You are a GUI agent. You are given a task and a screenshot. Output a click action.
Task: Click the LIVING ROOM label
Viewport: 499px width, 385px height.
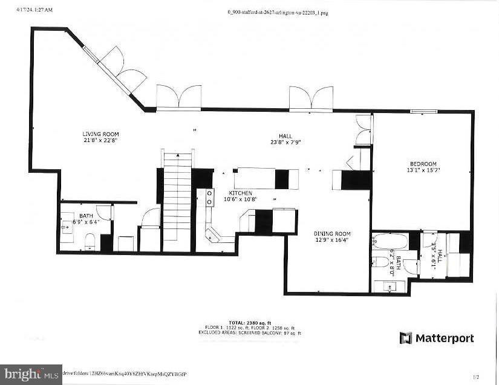point(101,134)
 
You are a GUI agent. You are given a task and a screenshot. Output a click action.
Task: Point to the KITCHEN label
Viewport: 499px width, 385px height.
point(240,193)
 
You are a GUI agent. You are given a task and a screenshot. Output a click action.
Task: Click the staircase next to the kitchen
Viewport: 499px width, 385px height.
point(177,199)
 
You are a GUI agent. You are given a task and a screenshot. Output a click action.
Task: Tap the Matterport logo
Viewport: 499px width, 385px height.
point(436,338)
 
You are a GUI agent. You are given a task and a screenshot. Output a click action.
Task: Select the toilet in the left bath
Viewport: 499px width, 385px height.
point(90,242)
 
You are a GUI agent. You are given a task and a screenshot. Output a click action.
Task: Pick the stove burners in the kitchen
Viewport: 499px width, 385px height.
point(210,198)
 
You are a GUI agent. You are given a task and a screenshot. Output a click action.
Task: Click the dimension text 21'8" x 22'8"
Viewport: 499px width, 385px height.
point(101,140)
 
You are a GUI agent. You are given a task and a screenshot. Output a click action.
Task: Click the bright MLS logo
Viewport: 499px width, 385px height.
point(31,375)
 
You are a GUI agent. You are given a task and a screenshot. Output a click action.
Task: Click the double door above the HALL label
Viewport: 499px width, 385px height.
point(311,98)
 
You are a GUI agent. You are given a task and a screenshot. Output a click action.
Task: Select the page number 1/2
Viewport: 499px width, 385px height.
point(476,377)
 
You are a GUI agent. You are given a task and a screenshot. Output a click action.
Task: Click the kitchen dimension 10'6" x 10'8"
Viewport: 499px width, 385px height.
point(240,199)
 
